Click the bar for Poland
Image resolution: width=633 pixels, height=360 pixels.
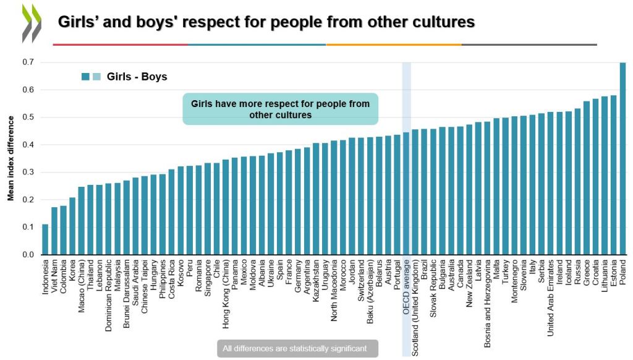point(622,158)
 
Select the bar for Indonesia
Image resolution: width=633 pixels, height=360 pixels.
point(45,239)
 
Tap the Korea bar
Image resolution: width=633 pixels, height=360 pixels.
point(72,226)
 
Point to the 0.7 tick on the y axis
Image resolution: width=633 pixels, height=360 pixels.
point(28,62)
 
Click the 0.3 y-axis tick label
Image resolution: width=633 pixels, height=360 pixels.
point(28,172)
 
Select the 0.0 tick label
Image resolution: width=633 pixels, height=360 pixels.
point(28,254)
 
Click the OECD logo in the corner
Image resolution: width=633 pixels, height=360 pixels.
point(32,23)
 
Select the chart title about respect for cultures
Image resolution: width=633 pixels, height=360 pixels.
point(266,22)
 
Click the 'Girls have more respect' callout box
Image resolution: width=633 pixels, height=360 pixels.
point(280,109)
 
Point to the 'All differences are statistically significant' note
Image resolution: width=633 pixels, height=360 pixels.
point(297,349)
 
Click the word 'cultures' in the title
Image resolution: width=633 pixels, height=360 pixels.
point(443,22)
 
